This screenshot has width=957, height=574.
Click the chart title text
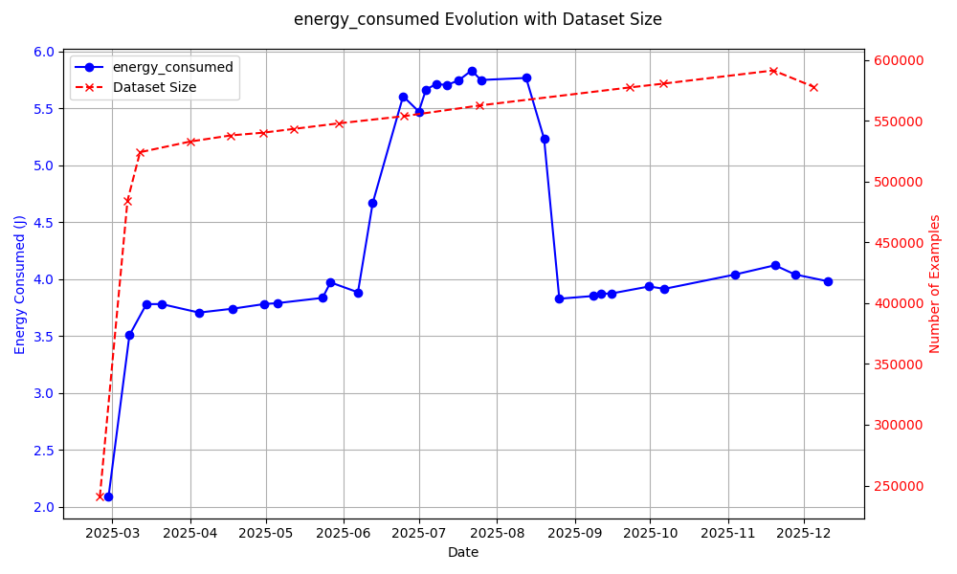point(478,19)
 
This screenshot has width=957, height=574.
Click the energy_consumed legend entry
point(172,67)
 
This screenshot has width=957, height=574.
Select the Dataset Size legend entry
point(154,87)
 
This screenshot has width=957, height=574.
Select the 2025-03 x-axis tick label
point(112,532)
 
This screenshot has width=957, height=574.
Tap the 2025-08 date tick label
point(497,532)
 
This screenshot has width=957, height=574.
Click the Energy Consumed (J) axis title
point(20,284)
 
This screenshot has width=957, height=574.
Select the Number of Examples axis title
point(935,284)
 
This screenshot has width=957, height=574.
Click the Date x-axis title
point(463,552)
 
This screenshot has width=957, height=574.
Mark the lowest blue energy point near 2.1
point(108,497)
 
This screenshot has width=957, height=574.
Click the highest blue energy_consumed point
point(472,71)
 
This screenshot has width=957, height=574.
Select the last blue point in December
point(828,281)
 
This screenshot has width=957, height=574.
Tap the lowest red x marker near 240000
point(100,496)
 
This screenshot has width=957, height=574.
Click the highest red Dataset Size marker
point(773,71)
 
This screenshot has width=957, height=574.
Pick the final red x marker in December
point(813,87)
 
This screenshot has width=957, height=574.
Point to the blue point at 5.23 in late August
point(545,139)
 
